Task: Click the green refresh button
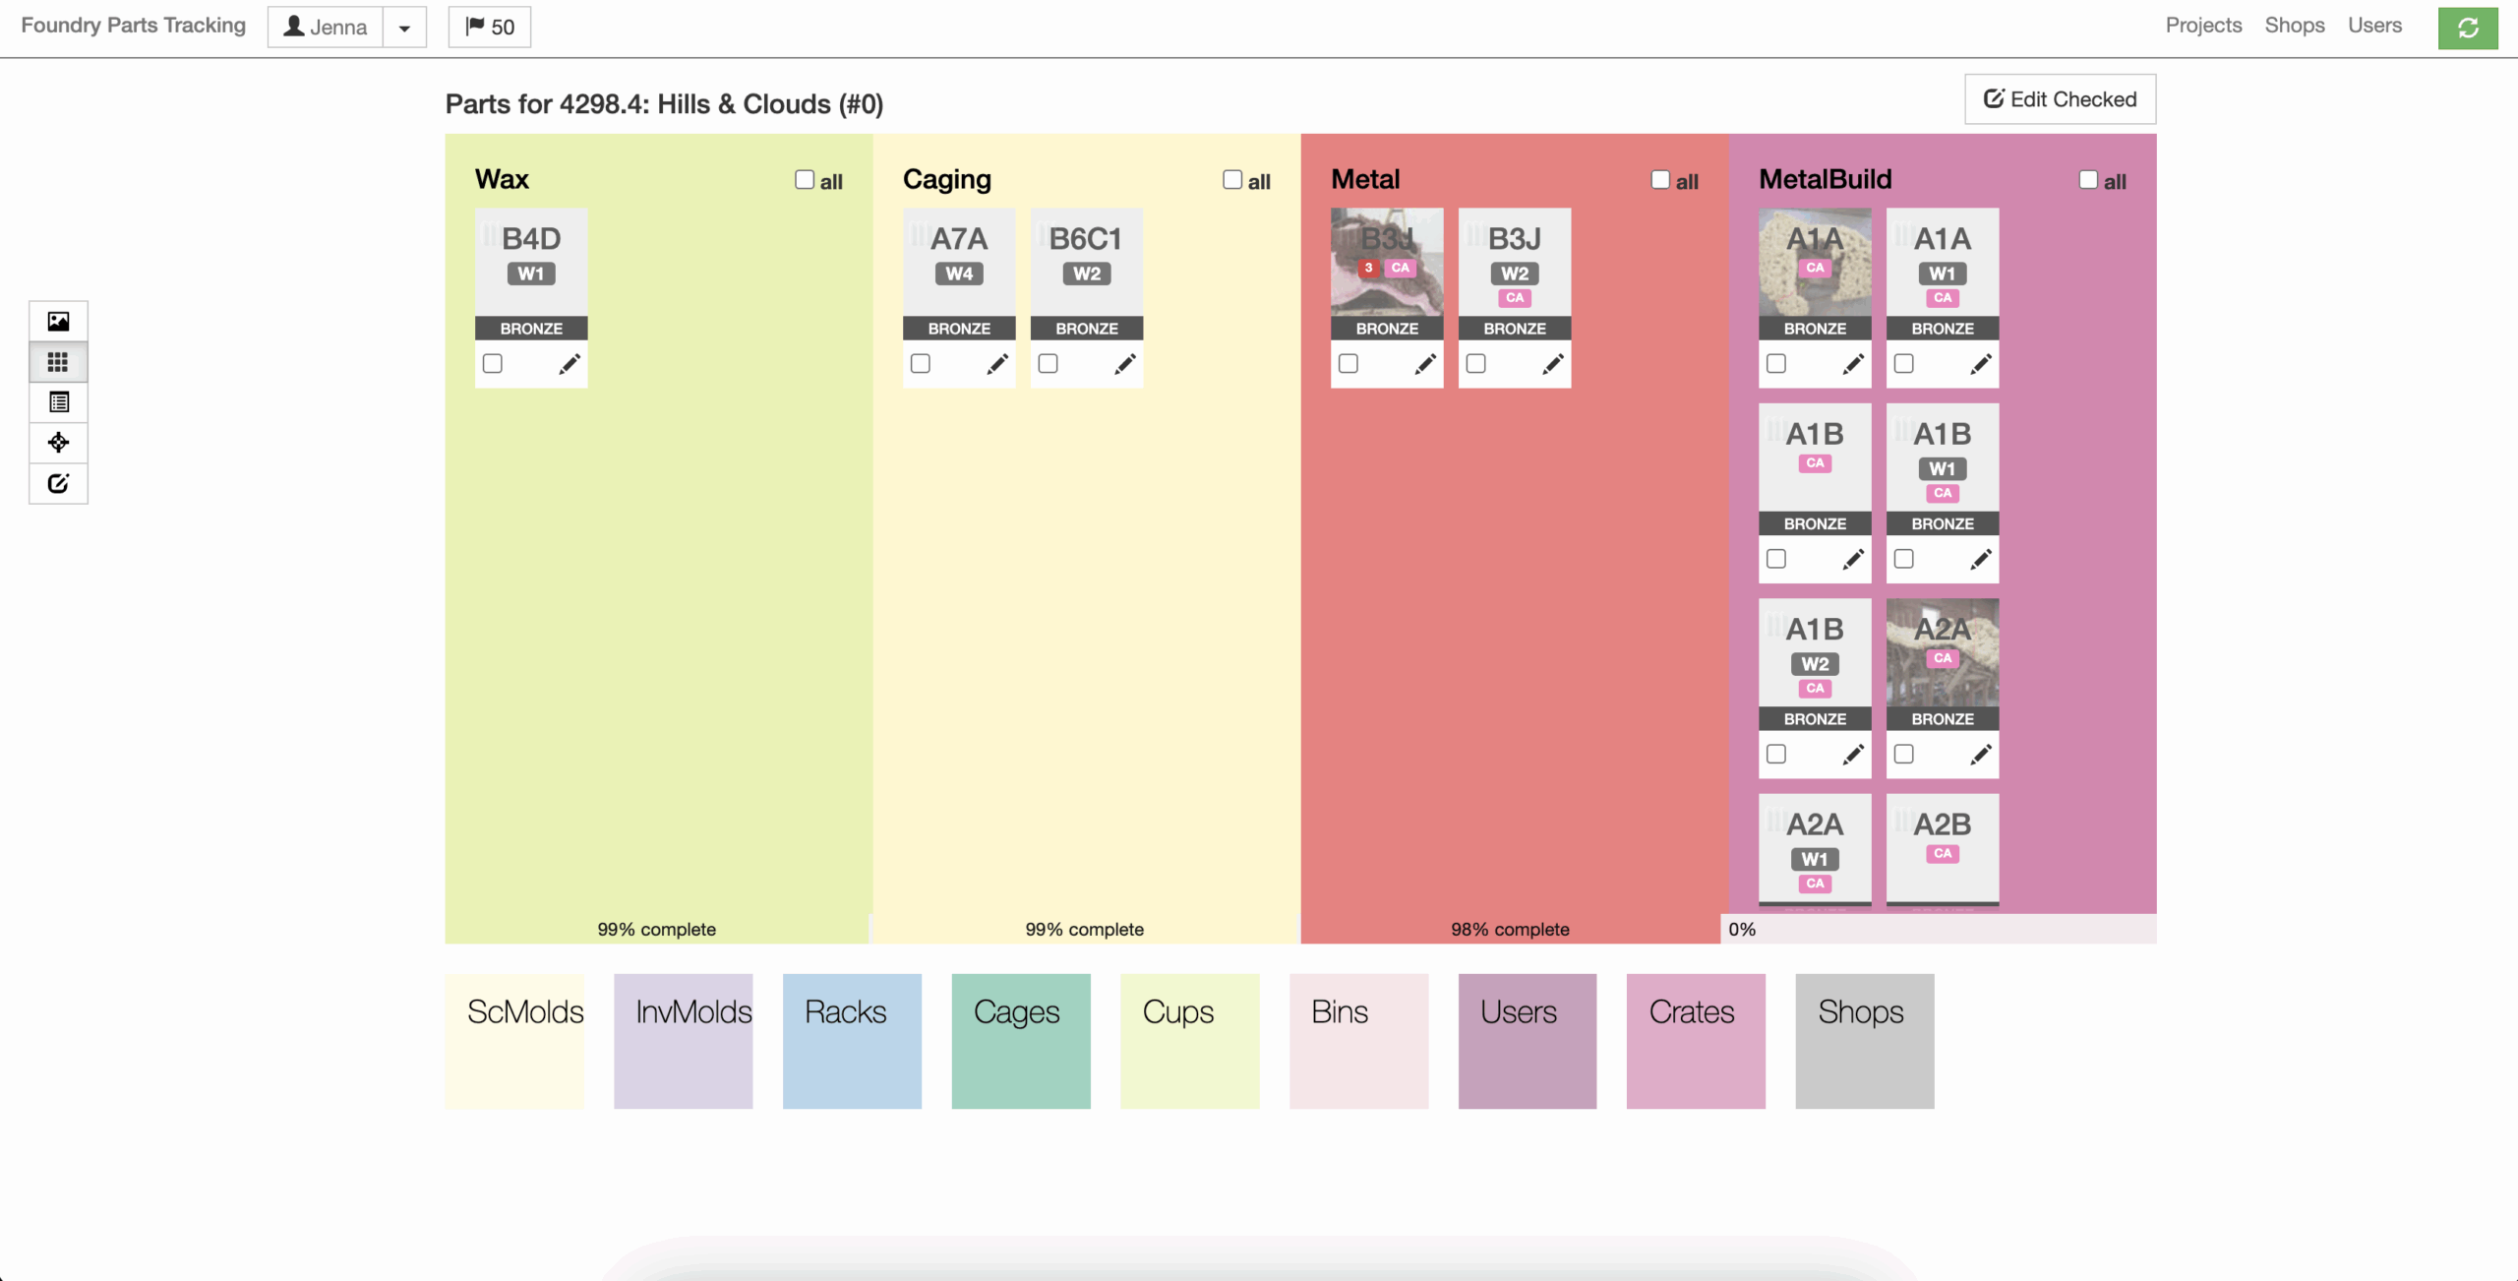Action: coord(2467,29)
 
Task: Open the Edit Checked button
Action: coord(2060,99)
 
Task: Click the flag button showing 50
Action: coord(490,28)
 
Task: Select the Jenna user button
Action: coord(326,28)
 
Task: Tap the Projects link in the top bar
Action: coord(2203,26)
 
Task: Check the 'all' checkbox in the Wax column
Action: coord(805,180)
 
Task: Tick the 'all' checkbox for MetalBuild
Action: coord(2087,180)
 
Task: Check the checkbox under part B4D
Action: coord(493,364)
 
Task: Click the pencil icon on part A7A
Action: coord(997,364)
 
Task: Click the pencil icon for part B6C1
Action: coord(1125,364)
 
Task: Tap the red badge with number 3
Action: coord(1368,268)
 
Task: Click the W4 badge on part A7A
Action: coord(959,274)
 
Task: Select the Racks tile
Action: coord(852,1041)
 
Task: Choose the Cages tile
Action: coord(1021,1041)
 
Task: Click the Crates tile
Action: coord(1696,1041)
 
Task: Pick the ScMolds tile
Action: coord(514,1041)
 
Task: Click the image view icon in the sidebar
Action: coord(58,322)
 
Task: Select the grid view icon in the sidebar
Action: coord(58,362)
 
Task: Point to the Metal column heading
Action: coord(1365,180)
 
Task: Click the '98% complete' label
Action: coord(1510,930)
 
